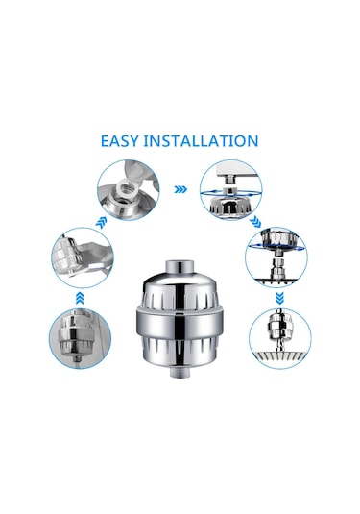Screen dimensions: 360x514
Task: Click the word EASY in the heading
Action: point(120,141)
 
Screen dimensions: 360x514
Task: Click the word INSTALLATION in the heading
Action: point(201,141)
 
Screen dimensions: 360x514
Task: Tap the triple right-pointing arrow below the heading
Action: point(180,189)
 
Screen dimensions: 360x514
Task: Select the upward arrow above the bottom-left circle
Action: point(80,298)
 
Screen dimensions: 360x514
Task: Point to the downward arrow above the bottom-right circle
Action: point(279,298)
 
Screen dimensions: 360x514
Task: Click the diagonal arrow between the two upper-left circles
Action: point(102,223)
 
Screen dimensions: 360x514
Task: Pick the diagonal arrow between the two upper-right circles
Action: point(255,222)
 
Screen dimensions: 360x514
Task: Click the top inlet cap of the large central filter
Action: point(180,266)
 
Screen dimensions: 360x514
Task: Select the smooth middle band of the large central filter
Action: point(180,324)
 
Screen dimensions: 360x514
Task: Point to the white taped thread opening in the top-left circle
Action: point(126,188)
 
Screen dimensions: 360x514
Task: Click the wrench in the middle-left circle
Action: point(92,259)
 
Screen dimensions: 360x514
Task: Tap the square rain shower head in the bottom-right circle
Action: point(280,359)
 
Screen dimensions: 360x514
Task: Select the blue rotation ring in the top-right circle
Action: point(231,194)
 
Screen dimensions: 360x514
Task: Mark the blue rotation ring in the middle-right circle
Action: point(277,247)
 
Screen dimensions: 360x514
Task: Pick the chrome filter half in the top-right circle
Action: point(231,205)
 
